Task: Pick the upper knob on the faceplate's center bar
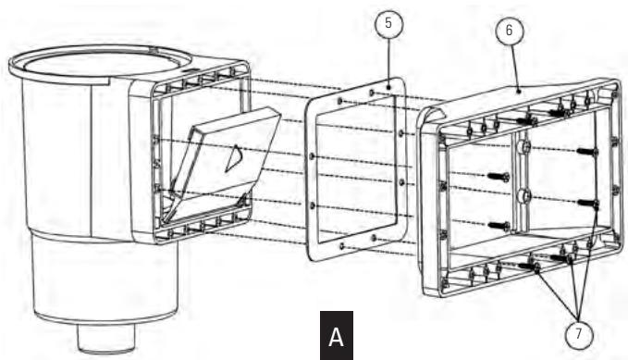click(x=524, y=148)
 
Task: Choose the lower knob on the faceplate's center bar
click(x=524, y=195)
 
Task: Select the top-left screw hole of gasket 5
click(x=341, y=99)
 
